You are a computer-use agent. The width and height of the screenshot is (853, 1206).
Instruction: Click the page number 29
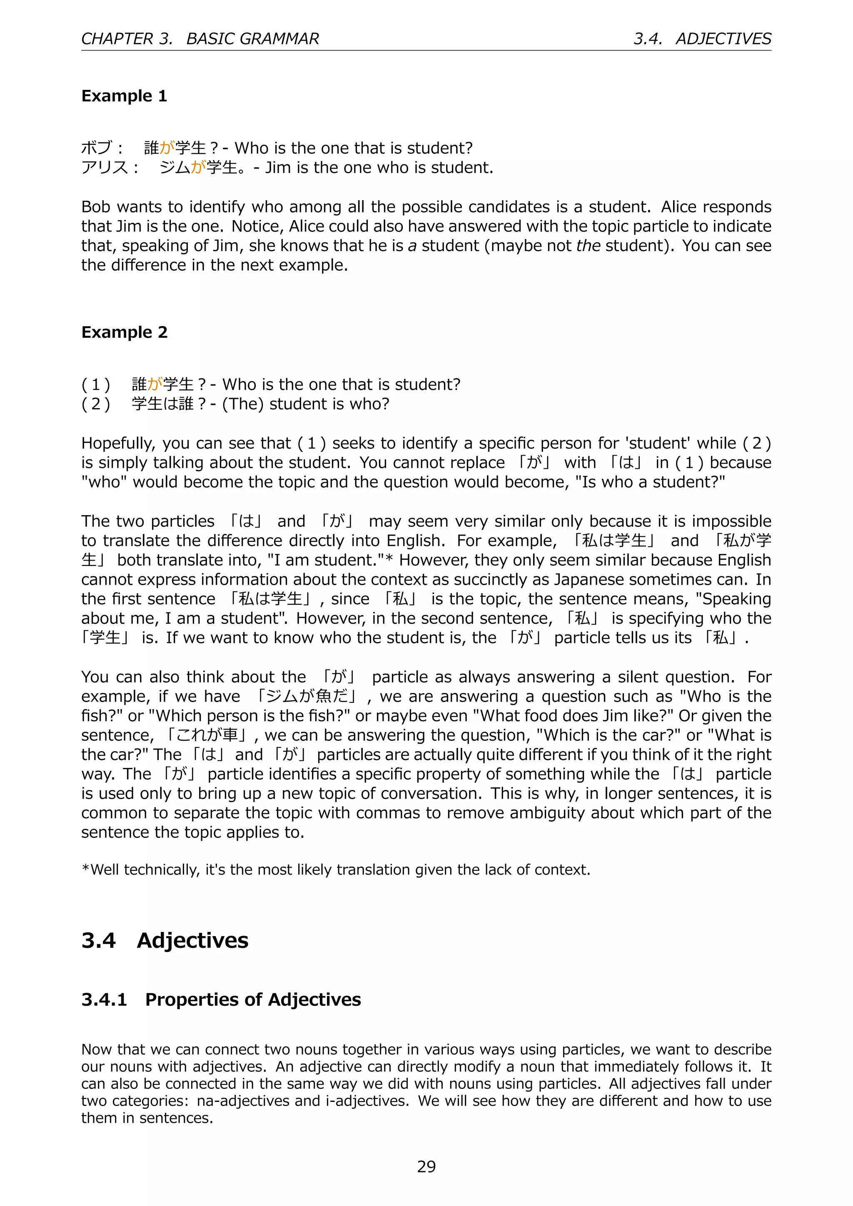click(x=426, y=1166)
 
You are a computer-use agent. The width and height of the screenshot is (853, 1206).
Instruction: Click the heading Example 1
click(x=124, y=96)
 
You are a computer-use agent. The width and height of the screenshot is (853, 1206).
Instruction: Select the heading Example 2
click(x=124, y=332)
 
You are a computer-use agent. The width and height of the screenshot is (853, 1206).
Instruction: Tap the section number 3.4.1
click(x=104, y=999)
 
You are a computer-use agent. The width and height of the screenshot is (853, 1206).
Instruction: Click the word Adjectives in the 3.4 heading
click(x=192, y=940)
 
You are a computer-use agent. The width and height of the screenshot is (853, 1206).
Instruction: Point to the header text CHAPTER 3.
click(x=127, y=39)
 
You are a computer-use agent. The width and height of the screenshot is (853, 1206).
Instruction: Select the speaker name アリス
click(x=105, y=167)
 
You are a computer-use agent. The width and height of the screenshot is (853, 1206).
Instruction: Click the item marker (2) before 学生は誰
click(x=96, y=404)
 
